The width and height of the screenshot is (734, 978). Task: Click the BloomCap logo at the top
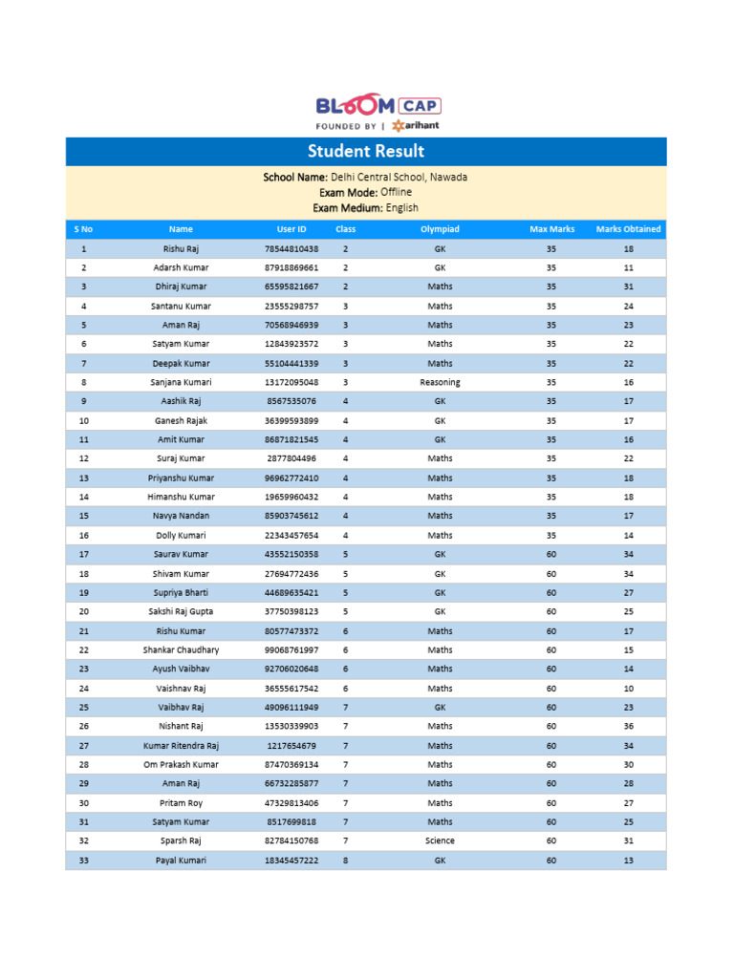[x=378, y=113]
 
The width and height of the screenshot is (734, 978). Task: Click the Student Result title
[x=366, y=151]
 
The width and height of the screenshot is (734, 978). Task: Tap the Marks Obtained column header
[x=628, y=229]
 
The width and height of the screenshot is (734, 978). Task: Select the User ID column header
[x=291, y=229]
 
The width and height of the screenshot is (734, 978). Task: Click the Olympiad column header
[x=440, y=229]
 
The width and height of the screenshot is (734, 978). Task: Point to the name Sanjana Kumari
[x=181, y=382]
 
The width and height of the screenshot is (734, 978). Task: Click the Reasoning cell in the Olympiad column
[x=440, y=382]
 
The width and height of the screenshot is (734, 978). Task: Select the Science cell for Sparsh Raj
[x=440, y=840]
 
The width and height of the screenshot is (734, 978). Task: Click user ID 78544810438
[x=291, y=248]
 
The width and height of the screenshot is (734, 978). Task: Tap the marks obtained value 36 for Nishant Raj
[x=628, y=726]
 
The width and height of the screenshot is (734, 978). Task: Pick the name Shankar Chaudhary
[x=181, y=649]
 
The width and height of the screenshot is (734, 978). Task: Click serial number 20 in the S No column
[x=84, y=611]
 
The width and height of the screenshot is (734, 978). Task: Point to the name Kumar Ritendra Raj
[x=181, y=745]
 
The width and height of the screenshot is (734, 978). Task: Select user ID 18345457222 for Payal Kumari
[x=291, y=861]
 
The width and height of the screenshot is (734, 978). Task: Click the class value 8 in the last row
[x=345, y=861]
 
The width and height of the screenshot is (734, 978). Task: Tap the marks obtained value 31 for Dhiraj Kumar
[x=628, y=287]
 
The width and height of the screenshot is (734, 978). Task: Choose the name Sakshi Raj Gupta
[x=181, y=611]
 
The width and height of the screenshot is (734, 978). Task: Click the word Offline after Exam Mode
[x=396, y=192]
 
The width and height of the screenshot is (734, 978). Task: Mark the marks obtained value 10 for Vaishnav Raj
[x=628, y=688]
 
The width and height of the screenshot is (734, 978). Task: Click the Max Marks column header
[x=551, y=229]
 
